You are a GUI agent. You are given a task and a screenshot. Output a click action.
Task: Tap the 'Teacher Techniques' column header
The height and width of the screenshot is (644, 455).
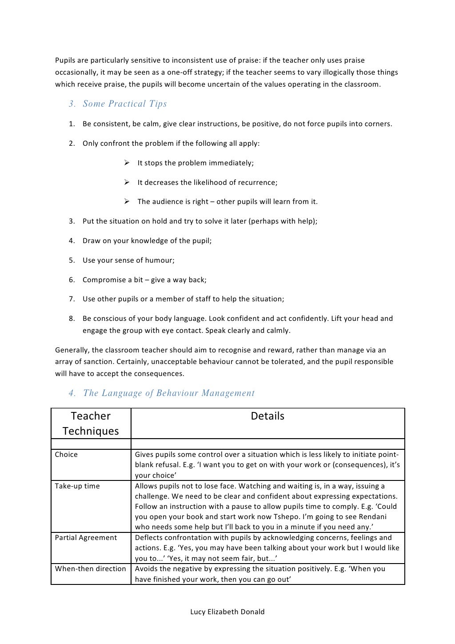pyautogui.click(x=91, y=424)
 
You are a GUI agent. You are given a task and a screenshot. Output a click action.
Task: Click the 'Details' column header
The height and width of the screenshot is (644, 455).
pyautogui.click(x=267, y=416)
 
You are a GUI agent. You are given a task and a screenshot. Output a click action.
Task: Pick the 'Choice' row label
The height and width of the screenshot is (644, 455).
pyautogui.click(x=66, y=455)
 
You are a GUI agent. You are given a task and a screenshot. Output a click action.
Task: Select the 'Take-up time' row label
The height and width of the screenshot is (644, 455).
pyautogui.click(x=77, y=486)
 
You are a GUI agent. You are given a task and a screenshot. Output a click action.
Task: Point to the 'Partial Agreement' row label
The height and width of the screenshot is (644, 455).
pyautogui.click(x=86, y=538)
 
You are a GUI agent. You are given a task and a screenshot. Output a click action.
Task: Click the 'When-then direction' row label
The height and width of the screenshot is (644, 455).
pyautogui.click(x=90, y=569)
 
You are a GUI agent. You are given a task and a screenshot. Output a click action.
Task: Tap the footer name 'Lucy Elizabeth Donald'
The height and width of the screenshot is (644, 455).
pyautogui.click(x=227, y=612)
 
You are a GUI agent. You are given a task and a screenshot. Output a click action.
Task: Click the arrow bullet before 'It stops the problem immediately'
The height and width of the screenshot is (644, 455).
pyautogui.click(x=126, y=163)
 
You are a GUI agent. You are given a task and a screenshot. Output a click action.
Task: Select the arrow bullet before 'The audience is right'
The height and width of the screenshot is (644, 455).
pyautogui.click(x=126, y=201)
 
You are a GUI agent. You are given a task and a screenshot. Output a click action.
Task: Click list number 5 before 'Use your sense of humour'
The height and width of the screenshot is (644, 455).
pyautogui.click(x=72, y=260)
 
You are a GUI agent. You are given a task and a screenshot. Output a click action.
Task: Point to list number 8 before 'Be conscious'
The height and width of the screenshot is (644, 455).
pyautogui.click(x=72, y=319)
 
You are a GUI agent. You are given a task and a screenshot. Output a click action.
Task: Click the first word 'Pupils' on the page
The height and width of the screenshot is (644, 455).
pyautogui.click(x=65, y=60)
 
